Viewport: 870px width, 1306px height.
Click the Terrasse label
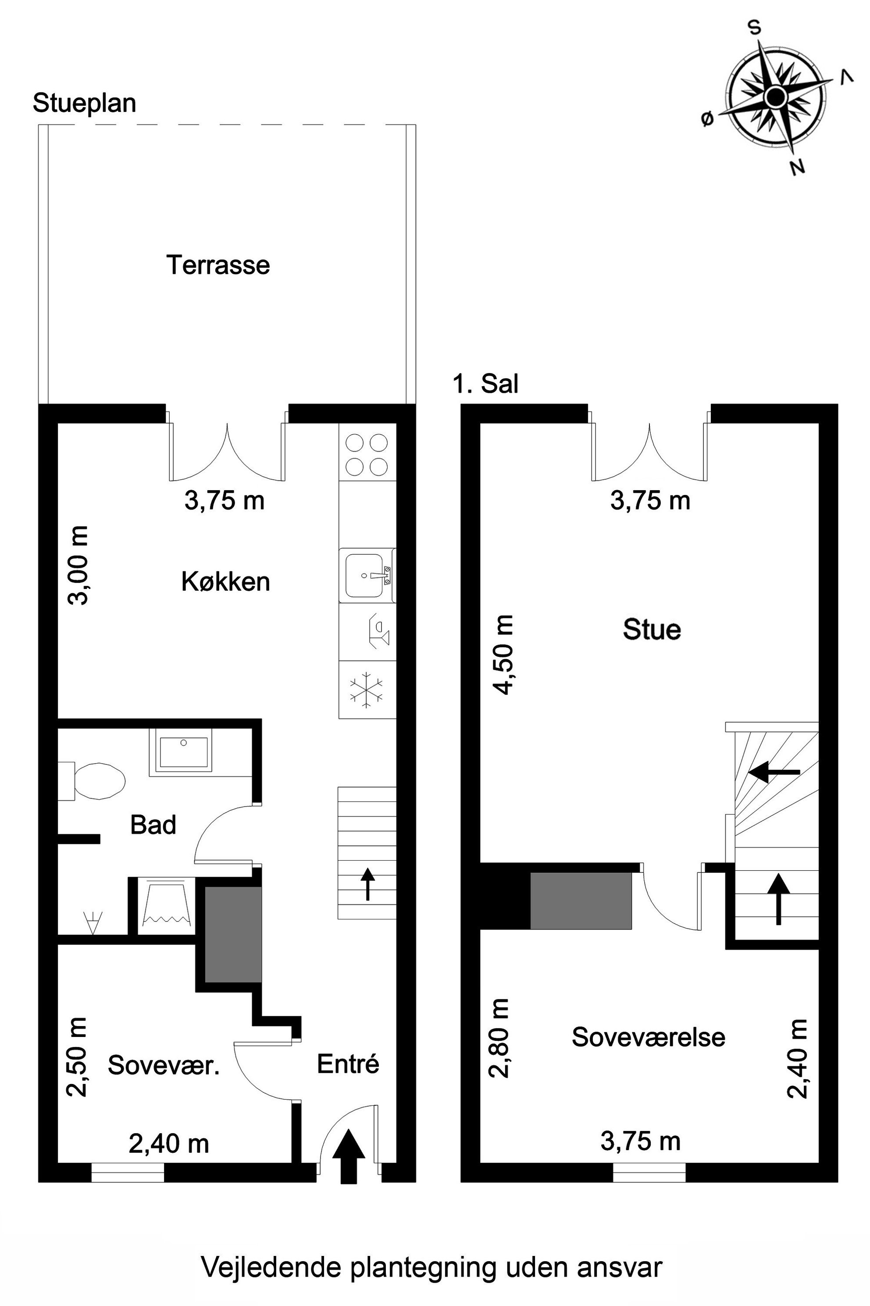click(218, 265)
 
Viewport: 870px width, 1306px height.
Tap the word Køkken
click(226, 582)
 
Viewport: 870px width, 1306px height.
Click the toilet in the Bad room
click(92, 780)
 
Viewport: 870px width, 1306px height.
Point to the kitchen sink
click(368, 575)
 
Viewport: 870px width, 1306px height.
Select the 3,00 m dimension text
click(78, 565)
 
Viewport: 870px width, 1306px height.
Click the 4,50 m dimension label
click(504, 655)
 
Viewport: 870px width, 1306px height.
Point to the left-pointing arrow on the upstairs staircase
click(774, 771)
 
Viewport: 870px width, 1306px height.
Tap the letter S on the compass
click(755, 28)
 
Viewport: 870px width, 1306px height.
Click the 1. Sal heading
click(486, 383)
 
